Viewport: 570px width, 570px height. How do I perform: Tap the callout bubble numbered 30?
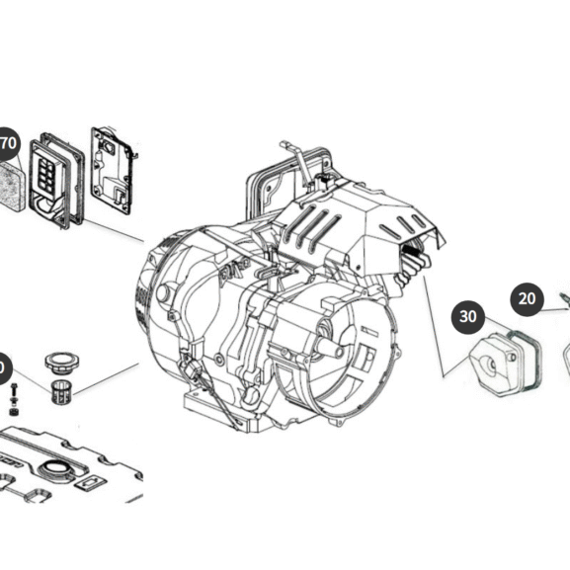click(468, 318)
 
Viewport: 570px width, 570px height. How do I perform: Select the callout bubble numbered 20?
click(528, 298)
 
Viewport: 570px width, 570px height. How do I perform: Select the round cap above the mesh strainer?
click(62, 357)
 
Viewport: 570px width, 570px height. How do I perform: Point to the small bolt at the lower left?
click(14, 399)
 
